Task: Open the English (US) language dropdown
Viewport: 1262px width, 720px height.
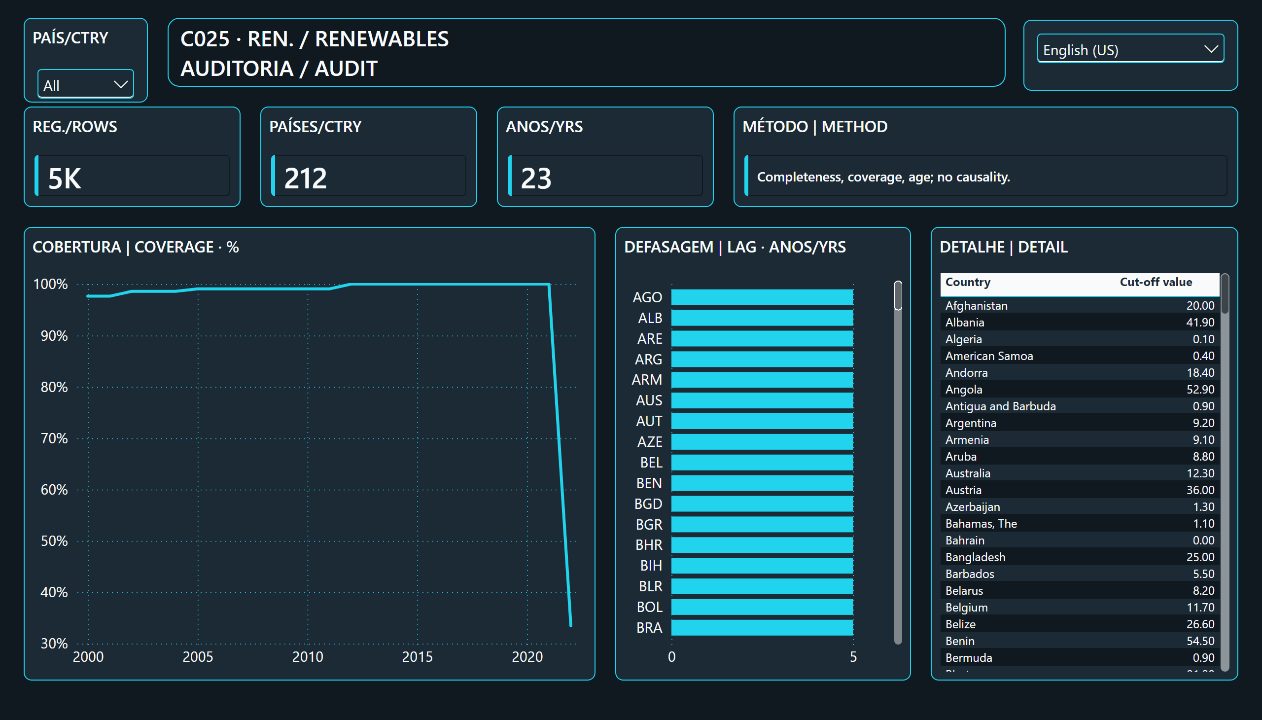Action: coord(1130,49)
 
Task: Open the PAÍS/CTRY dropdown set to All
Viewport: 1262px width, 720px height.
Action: coord(85,84)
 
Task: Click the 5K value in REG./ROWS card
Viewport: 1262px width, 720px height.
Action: coord(65,178)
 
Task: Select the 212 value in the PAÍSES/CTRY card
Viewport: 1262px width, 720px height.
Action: coord(306,178)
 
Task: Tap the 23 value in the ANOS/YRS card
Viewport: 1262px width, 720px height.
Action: coord(536,178)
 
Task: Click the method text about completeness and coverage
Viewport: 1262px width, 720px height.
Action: coord(883,177)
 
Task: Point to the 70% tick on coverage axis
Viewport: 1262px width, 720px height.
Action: coord(54,438)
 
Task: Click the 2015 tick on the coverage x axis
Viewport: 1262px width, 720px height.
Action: coord(417,657)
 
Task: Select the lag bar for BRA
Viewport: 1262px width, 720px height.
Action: coord(762,627)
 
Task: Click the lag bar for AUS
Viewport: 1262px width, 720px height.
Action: coord(762,400)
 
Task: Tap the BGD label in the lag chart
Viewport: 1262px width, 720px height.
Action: coord(648,504)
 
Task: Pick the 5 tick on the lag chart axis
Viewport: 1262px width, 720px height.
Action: coord(853,657)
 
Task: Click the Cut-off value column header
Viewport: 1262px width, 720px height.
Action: coord(1156,282)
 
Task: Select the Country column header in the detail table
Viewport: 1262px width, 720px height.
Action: coord(968,282)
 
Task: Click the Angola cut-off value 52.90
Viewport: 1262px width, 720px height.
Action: coord(1200,390)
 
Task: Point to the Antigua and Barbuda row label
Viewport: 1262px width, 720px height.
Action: coord(1001,406)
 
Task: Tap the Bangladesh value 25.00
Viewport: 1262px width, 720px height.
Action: coord(1200,557)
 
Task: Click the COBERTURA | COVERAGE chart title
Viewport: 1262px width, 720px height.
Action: coord(136,247)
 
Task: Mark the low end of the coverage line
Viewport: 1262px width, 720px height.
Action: coord(571,626)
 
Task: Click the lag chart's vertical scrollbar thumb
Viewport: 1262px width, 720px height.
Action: coord(898,295)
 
